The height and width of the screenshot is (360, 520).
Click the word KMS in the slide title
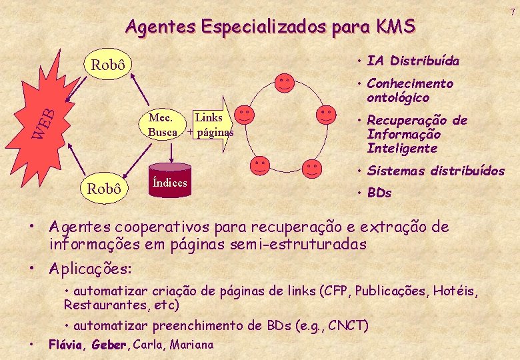[x=395, y=27]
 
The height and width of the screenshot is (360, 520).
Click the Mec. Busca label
[x=163, y=125]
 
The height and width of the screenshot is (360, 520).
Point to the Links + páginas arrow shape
[x=212, y=125]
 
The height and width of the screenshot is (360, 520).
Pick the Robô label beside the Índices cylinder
[x=105, y=189]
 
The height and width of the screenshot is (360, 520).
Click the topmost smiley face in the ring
[x=284, y=82]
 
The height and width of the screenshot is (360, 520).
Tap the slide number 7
[x=512, y=11]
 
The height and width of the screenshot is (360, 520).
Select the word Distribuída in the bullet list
[x=424, y=61]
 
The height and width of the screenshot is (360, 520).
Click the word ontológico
[x=398, y=98]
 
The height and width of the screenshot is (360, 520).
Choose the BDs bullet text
[x=379, y=193]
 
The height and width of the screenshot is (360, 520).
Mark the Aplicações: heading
[x=91, y=269]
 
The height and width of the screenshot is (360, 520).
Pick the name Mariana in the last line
[x=192, y=345]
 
